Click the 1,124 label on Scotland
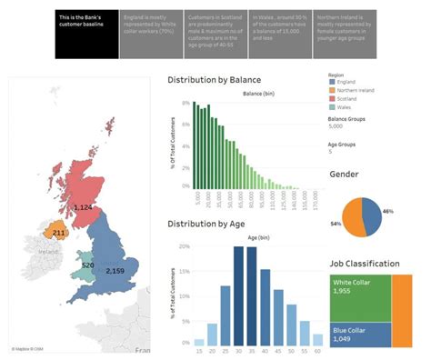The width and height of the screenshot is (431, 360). [83, 208]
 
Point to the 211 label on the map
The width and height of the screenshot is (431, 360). [58, 233]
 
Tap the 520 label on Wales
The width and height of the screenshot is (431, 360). [87, 265]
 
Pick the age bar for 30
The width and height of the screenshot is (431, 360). [239, 296]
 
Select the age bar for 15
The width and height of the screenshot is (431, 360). [199, 343]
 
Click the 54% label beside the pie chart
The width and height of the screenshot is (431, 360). [336, 223]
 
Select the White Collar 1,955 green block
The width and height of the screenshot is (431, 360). [359, 295]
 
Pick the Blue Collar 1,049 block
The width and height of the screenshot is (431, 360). [359, 335]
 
